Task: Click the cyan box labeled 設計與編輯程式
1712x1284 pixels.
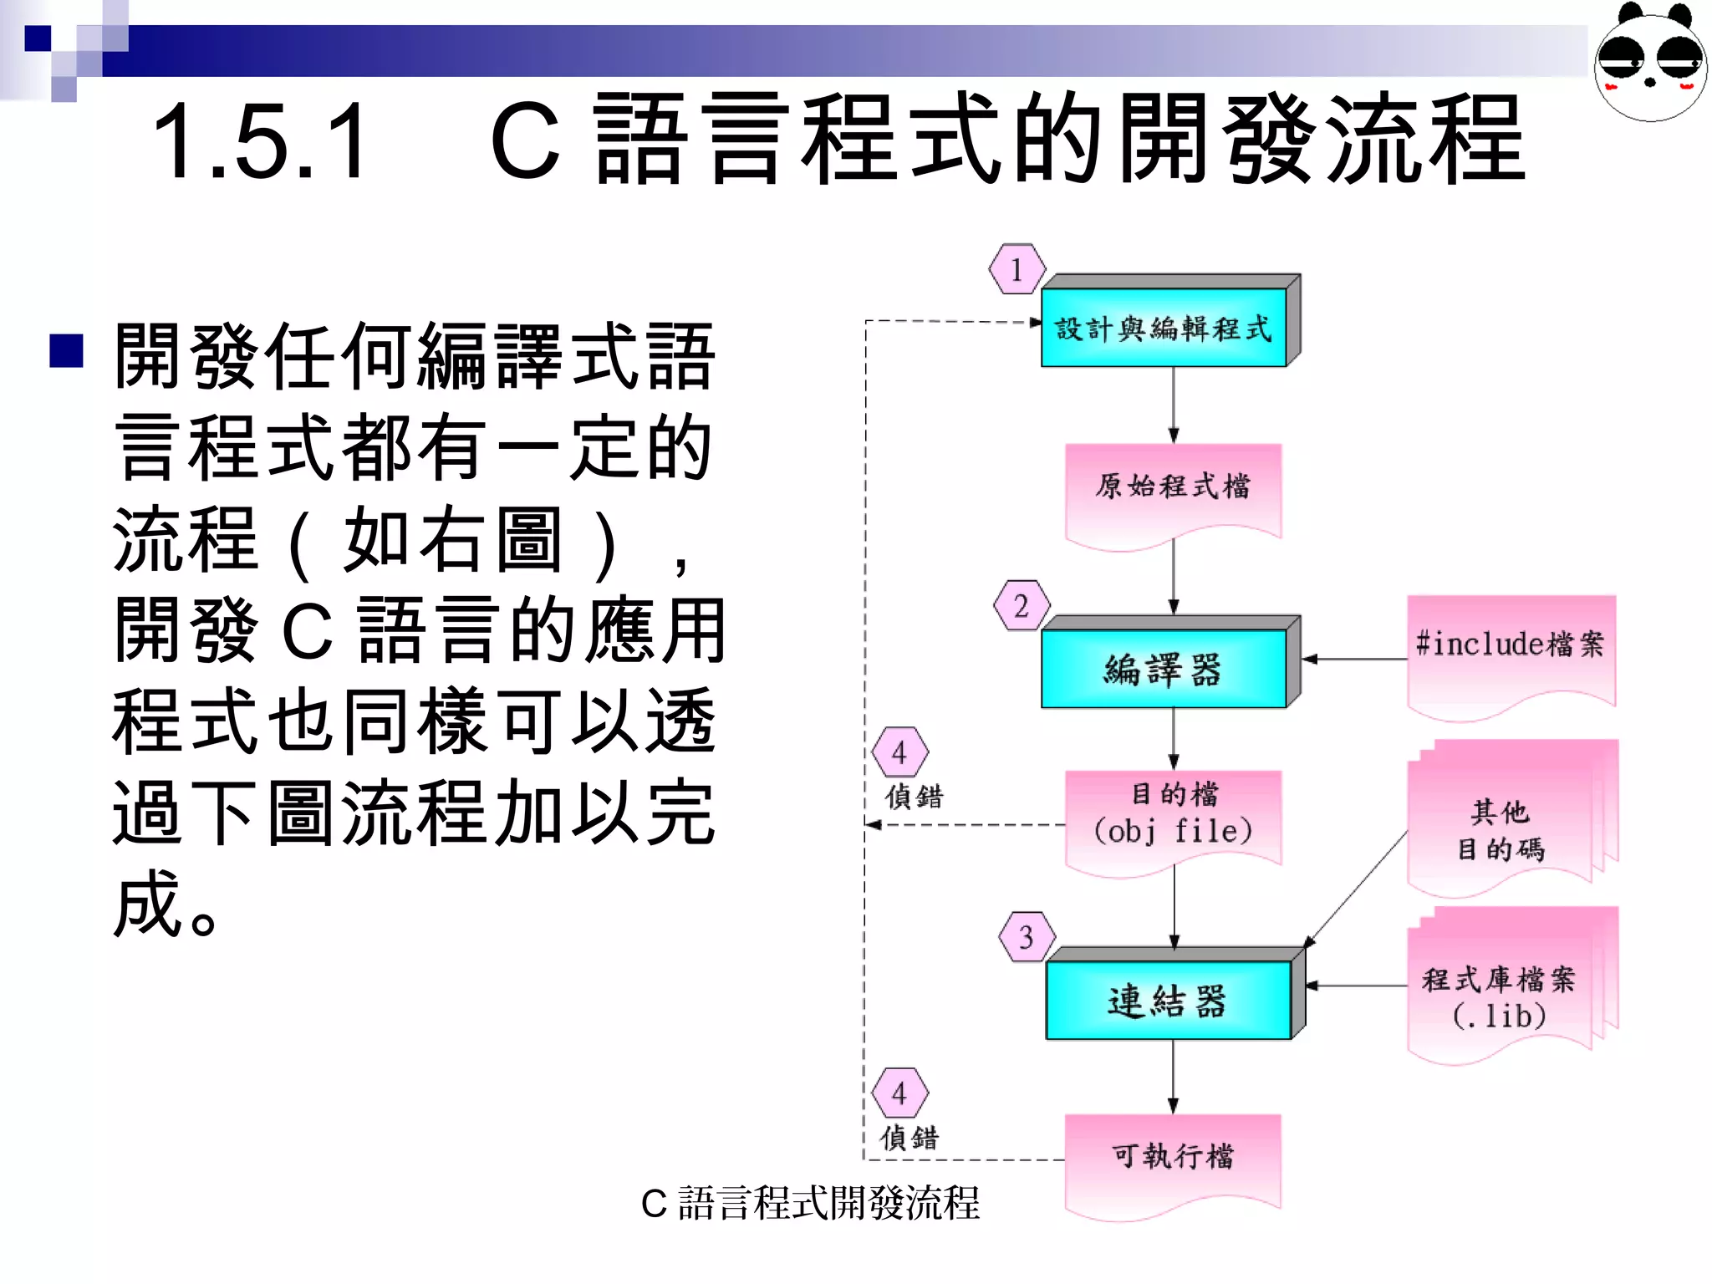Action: pos(1164,328)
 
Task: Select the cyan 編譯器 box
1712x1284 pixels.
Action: pos(1164,669)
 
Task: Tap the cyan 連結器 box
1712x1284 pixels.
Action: pos(1168,1000)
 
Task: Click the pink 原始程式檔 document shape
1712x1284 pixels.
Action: pos(1173,489)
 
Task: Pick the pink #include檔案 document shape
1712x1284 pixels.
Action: pos(1511,648)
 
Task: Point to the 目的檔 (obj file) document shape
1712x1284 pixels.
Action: pos(1173,815)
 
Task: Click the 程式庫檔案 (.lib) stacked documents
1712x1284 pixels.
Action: pos(1501,991)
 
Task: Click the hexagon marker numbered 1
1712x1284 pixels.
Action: pos(1016,269)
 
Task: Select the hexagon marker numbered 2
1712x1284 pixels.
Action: pos(1022,605)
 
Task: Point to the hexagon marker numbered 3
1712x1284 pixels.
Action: pos(1027,937)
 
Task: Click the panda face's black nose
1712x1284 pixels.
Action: pos(1650,82)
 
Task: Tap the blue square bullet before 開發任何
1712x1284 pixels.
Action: pos(67,351)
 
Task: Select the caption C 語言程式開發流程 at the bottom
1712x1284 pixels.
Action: pos(809,1204)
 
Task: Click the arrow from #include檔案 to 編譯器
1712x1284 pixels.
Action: pos(1354,660)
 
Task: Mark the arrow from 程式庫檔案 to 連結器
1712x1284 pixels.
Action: pos(1356,986)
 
